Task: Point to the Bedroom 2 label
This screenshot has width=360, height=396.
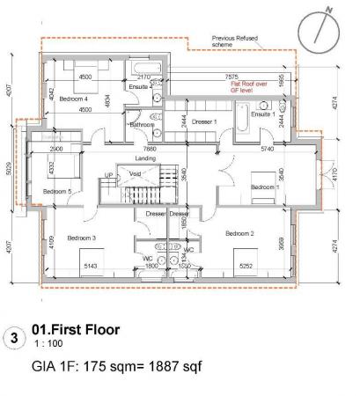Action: coord(239,233)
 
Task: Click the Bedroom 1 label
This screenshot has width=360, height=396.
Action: coord(264,187)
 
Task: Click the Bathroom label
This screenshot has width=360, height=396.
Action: coord(142,125)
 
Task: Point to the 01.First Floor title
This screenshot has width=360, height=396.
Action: coord(75,330)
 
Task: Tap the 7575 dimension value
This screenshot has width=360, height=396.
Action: coord(232,77)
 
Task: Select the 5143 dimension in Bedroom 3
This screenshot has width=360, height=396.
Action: coord(92,263)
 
